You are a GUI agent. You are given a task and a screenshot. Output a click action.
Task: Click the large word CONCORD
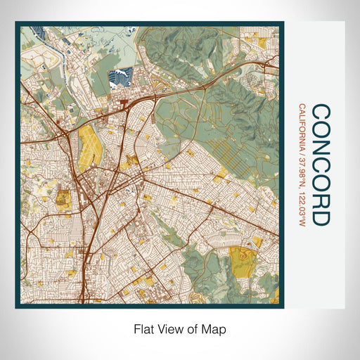coord(320,165)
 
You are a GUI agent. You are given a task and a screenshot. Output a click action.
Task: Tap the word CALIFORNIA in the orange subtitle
coord(302,129)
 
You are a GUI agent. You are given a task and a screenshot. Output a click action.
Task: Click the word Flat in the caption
coord(144,329)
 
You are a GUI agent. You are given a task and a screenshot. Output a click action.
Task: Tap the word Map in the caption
coord(215,329)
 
